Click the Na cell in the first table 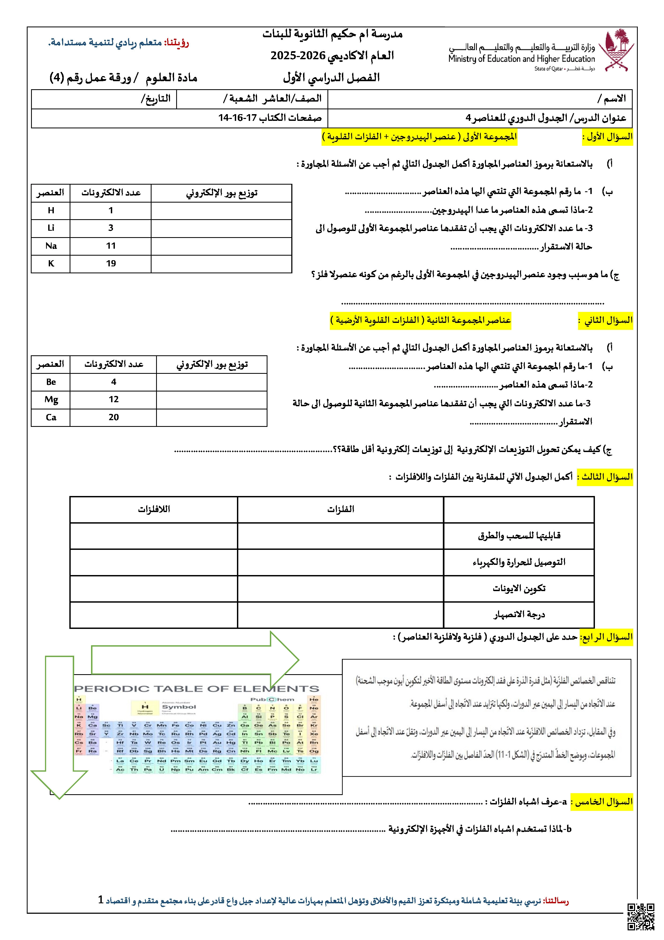pos(51,246)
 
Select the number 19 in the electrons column pos(111,263)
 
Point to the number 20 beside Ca pos(114,417)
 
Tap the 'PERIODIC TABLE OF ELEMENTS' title pos(196,689)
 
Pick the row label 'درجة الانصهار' pos(519,614)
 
